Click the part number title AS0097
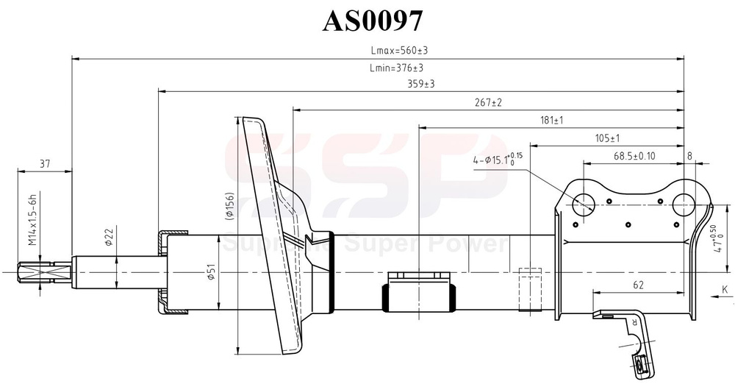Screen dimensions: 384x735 tap(373, 21)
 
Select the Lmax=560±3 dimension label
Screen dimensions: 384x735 tap(399, 51)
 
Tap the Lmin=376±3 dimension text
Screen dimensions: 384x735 tap(396, 68)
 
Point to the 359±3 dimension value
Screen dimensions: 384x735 tap(421, 85)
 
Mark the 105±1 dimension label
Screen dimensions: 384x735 tap(606, 138)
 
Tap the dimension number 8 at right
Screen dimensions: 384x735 tap(689, 155)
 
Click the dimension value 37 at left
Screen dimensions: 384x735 tap(45, 164)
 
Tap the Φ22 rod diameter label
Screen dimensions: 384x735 tap(108, 237)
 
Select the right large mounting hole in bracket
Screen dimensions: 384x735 tap(685, 203)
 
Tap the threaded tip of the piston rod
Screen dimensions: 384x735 tap(35, 273)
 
